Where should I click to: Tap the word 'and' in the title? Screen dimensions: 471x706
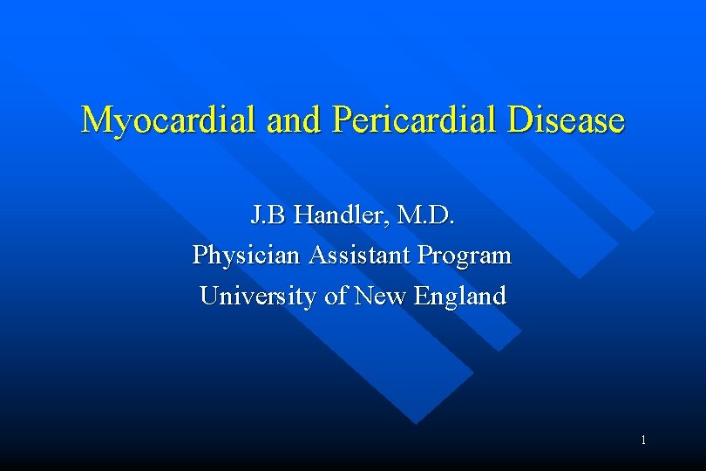point(296,120)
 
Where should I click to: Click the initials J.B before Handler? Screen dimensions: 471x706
point(269,215)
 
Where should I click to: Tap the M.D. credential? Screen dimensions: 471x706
point(424,215)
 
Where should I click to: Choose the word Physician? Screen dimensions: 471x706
point(241,256)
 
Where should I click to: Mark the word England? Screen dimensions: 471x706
point(460,297)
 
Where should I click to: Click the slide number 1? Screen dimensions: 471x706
point(643,440)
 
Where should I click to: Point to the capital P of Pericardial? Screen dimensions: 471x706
point(343,120)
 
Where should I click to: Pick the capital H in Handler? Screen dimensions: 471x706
point(304,215)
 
